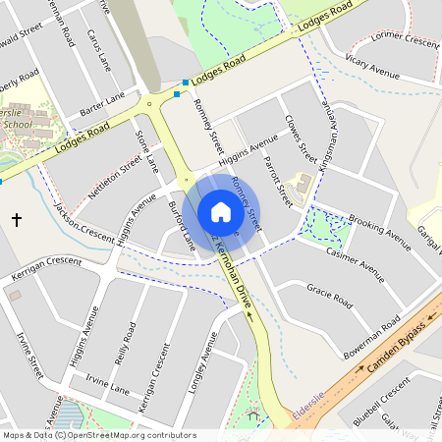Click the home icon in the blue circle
221,211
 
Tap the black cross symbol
16,218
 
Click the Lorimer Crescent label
404,40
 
